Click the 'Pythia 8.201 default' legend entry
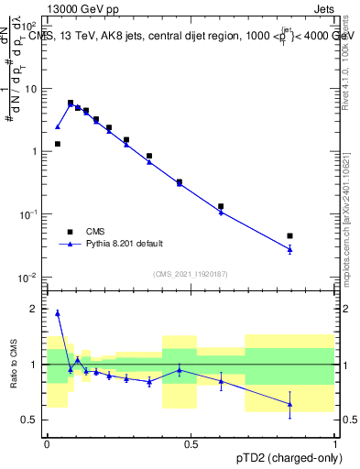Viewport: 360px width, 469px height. coord(125,244)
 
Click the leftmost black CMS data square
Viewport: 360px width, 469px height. coord(58,144)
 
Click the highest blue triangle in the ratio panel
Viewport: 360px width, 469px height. coord(58,313)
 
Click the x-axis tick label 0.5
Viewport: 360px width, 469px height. coord(191,443)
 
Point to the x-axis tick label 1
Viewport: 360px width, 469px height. coord(335,443)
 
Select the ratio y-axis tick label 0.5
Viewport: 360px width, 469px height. coord(31,420)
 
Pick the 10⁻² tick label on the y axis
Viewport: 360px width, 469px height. coord(30,278)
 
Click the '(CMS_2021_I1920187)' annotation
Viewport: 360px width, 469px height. coord(191,273)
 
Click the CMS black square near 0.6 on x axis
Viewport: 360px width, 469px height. coord(221,207)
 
